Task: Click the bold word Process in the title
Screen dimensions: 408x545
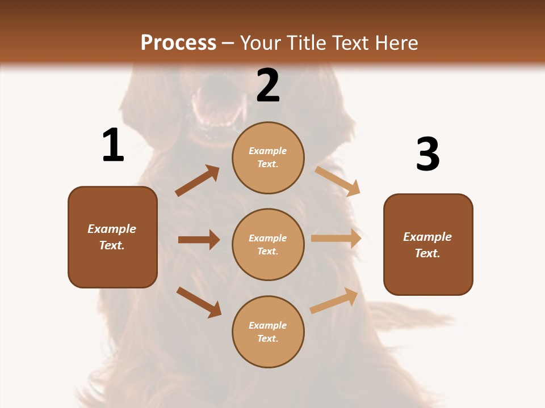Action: [178, 43]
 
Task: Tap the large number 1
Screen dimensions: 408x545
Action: [113, 145]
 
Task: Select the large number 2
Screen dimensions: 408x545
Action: [268, 86]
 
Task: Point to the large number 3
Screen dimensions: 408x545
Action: [428, 155]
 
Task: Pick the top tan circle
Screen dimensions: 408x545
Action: [268, 158]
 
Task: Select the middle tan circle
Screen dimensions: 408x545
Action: [268, 244]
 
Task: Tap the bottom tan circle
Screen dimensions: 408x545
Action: [268, 331]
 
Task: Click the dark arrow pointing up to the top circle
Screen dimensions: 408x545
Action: [198, 181]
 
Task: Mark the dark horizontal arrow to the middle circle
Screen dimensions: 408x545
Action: [199, 240]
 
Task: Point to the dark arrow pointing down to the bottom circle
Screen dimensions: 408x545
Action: [199, 302]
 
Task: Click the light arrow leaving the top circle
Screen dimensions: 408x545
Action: [338, 181]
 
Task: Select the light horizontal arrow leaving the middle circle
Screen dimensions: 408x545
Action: [336, 239]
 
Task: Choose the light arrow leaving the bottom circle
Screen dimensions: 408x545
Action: [334, 300]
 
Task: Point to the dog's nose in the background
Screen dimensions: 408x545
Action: [214, 85]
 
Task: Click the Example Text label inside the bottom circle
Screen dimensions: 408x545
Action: [268, 332]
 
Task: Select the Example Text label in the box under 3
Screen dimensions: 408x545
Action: [427, 245]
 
